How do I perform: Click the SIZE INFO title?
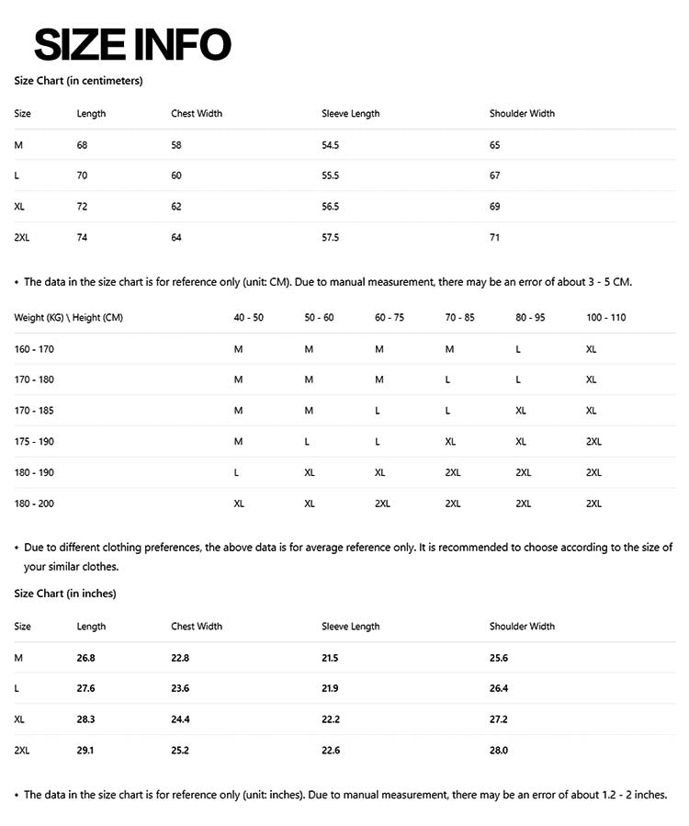point(132,44)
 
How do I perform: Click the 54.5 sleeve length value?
point(330,145)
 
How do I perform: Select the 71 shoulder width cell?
point(494,238)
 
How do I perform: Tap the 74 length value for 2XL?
point(83,238)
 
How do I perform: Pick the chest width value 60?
point(176,175)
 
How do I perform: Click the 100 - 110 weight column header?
point(605,318)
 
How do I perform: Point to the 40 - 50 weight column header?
point(248,318)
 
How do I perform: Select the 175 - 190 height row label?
point(34,442)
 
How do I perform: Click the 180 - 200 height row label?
point(34,504)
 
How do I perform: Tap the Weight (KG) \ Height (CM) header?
point(69,318)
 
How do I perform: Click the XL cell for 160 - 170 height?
point(591,349)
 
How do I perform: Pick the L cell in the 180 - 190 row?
point(237,472)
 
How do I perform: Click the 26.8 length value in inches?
point(85,658)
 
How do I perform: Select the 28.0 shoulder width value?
point(499,751)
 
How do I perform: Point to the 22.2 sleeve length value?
point(330,719)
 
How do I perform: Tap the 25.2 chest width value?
point(180,751)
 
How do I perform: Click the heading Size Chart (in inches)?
point(65,594)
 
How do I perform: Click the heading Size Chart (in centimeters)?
point(78,81)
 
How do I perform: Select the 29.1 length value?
point(85,751)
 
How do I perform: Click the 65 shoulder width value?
point(494,145)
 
